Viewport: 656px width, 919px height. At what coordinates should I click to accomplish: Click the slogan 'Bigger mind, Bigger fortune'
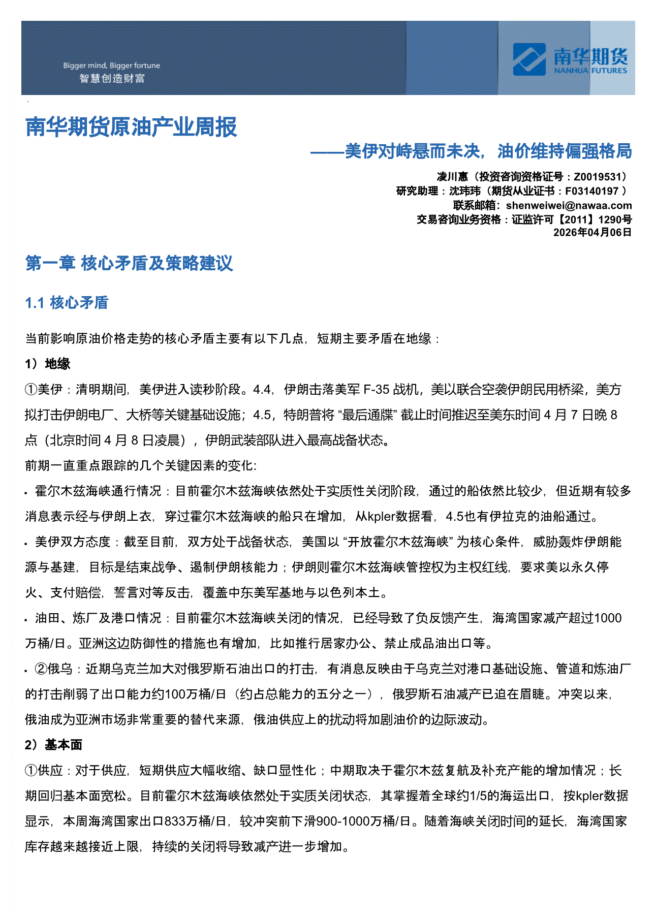(x=111, y=66)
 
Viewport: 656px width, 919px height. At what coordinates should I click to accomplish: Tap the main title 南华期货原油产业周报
(x=131, y=127)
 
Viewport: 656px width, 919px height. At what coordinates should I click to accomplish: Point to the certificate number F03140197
(x=591, y=191)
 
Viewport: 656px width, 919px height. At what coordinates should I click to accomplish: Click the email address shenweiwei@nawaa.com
(x=569, y=205)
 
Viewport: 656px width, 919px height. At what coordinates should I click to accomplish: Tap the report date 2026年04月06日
(x=592, y=232)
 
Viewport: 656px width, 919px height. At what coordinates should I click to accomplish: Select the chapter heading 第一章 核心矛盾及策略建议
(x=129, y=263)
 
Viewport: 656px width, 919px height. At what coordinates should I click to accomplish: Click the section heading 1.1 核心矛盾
(x=67, y=303)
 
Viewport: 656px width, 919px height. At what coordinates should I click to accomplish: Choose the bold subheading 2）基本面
(x=53, y=745)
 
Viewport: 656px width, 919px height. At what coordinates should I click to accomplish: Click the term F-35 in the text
(x=376, y=390)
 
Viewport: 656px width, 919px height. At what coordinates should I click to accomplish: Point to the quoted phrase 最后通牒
(x=368, y=415)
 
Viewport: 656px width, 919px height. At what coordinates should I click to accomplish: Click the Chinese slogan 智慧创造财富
(x=112, y=79)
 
